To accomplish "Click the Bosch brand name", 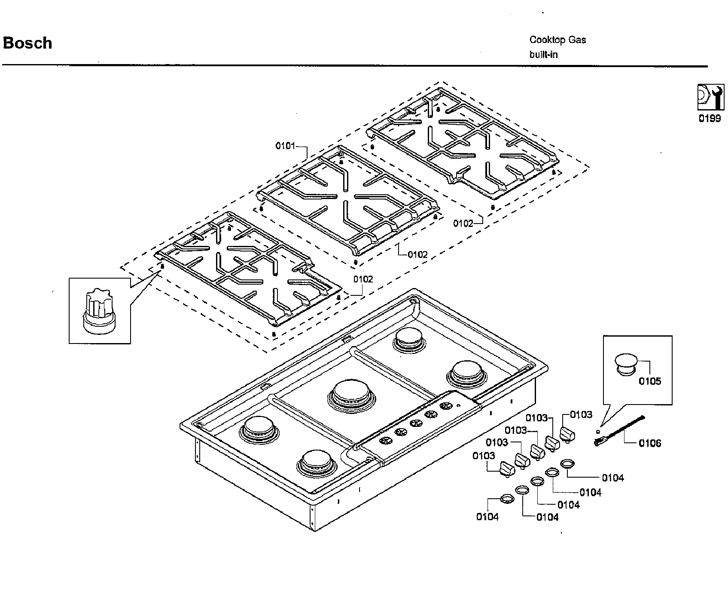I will pos(27,43).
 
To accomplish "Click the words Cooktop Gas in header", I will pos(557,40).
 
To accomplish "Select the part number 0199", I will pos(709,119).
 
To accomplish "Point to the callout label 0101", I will pos(285,146).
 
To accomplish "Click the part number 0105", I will pos(649,381).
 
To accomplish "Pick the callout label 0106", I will pos(649,443).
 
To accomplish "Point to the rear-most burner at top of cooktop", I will pos(410,338).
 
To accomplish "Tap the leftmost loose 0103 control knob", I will pos(507,469).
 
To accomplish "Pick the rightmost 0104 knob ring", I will pos(567,463).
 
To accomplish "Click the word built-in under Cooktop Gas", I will pos(543,55).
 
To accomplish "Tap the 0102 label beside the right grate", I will pos(463,224).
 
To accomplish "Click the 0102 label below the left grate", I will pos(363,279).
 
